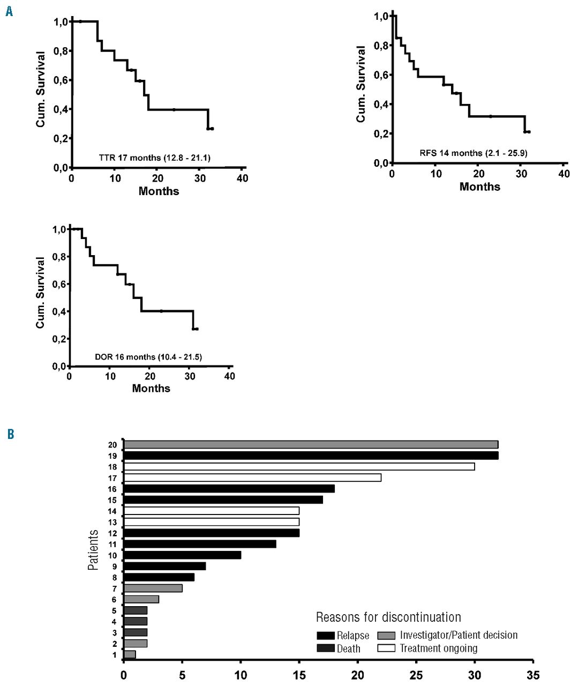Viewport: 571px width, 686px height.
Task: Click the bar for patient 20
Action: pos(311,444)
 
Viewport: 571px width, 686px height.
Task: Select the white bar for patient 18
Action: pos(299,466)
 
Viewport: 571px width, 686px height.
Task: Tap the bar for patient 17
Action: pos(252,478)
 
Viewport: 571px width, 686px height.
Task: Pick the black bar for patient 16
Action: pos(229,489)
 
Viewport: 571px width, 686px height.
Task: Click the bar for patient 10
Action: pos(182,555)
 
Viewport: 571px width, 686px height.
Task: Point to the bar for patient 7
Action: pos(153,588)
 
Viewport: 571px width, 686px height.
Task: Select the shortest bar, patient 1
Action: pos(130,654)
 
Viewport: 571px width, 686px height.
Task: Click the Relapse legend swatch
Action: pos(326,636)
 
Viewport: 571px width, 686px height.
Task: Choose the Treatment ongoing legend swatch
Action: pos(386,648)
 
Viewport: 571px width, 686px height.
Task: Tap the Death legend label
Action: pos(349,648)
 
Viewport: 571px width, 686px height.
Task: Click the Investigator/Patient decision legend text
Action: pos(459,635)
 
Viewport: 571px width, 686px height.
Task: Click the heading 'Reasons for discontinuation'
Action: pos(388,617)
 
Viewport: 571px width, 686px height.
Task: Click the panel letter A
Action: pos(9,11)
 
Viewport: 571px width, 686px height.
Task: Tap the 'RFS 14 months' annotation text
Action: pos(474,153)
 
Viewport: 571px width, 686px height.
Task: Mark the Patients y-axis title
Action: pos(93,549)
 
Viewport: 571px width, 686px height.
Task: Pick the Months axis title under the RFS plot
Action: pos(479,187)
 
